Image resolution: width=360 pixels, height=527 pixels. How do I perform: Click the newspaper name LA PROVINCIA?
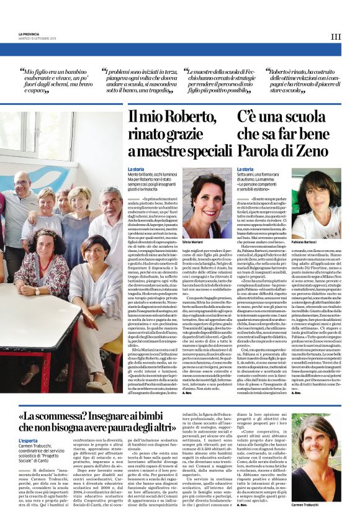pos(29,34)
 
